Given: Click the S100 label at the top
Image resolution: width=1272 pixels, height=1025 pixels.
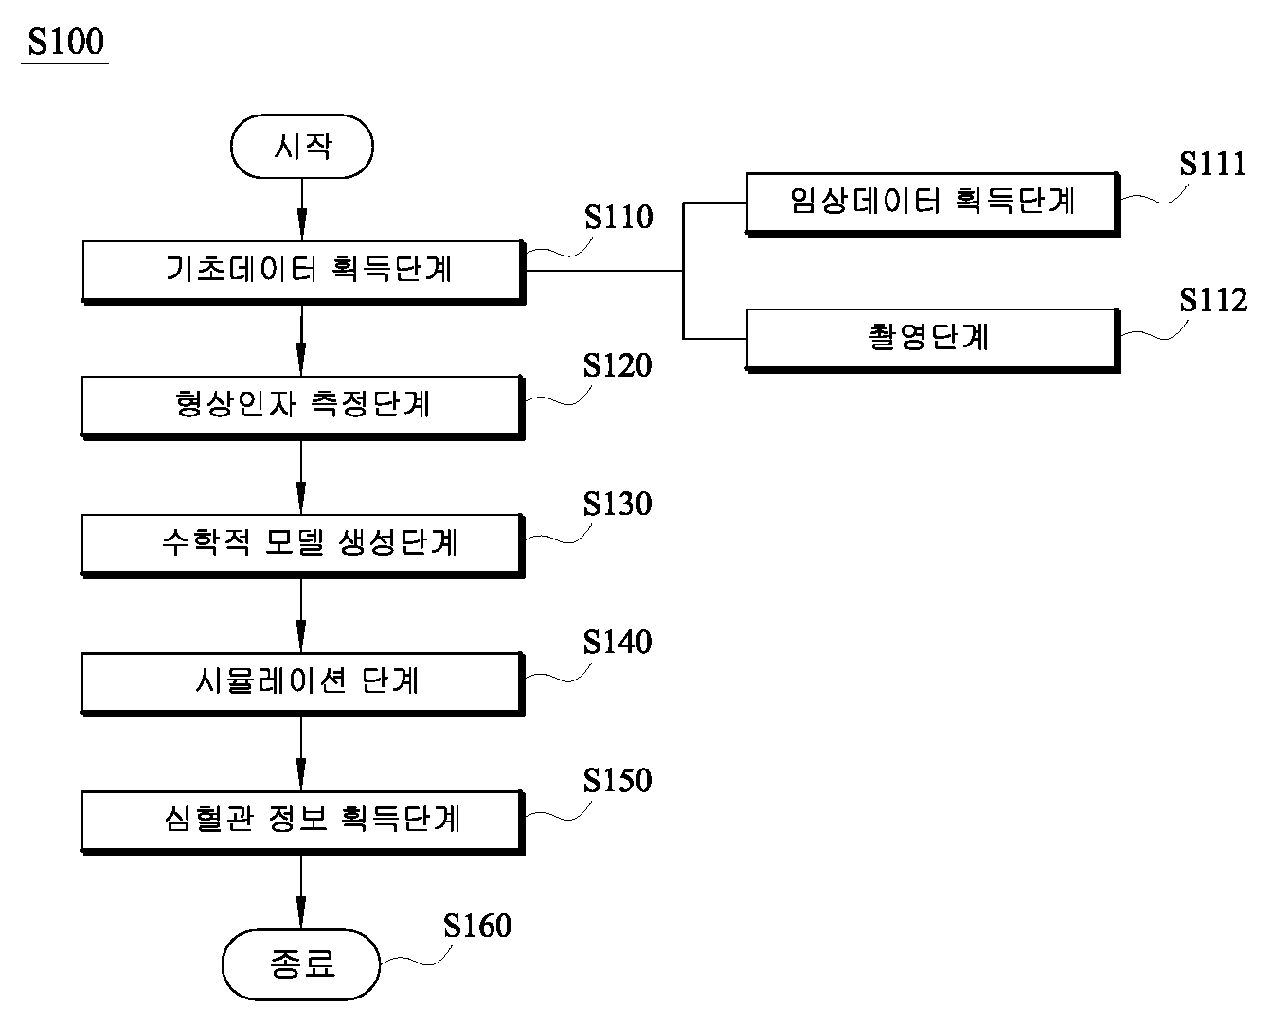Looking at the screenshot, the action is pos(65,42).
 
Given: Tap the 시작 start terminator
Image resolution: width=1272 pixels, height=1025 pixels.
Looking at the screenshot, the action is pos(302,146).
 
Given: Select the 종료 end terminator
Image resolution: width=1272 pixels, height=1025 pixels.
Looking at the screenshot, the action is pos(301,964).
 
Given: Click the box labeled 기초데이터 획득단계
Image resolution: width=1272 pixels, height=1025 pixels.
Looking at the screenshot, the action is pos(304,272).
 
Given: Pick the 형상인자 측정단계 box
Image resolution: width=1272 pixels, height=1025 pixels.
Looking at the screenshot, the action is pos(303,408).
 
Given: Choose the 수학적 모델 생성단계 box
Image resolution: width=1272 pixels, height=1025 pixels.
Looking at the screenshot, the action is pos(303,546).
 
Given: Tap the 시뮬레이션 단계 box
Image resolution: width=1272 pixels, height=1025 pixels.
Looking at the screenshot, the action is pos(303,684).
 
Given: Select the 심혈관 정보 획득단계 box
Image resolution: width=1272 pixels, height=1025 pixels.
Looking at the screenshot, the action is pos(303,822).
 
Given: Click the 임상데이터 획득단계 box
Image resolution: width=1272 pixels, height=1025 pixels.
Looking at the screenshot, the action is pos(933,204).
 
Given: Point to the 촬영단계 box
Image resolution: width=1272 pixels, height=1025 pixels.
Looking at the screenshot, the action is pos(933,341).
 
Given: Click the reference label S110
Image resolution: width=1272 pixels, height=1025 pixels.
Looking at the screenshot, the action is pos(618,217).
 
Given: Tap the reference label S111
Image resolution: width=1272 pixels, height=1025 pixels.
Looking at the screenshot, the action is pos(1213,164).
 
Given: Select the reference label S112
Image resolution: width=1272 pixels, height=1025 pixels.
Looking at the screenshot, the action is pos(1213,300).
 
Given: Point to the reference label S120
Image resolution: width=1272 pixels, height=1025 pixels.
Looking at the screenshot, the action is pos(618,365).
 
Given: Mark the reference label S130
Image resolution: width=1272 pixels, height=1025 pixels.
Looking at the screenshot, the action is pos(618,504).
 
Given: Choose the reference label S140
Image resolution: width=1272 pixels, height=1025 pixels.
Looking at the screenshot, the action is pos(618,643).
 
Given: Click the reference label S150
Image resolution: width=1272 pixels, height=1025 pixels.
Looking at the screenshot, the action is pos(618,781).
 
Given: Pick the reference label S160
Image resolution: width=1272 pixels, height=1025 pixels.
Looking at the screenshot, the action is pos(477,926).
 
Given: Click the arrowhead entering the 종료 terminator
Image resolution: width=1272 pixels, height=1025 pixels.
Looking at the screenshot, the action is pos(301,913).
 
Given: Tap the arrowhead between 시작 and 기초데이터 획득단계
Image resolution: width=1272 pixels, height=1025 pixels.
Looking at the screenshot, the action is pos(302,224).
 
